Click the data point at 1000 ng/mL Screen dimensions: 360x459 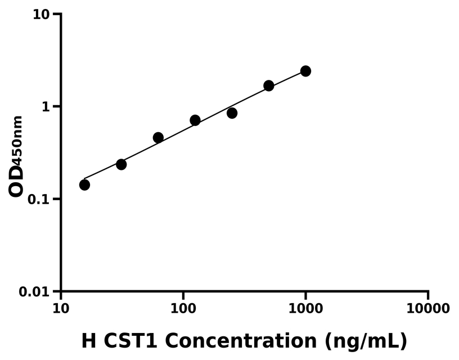click(x=305, y=71)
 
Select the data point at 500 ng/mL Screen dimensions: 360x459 click(x=269, y=85)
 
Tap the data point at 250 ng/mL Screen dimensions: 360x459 click(x=232, y=113)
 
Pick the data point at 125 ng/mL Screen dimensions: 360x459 click(x=195, y=120)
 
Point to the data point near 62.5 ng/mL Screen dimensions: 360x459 click(x=158, y=138)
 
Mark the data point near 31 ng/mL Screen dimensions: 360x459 click(x=121, y=164)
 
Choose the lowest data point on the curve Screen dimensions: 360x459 click(x=84, y=184)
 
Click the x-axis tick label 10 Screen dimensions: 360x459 click(x=61, y=309)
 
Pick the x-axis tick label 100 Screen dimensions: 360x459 click(x=183, y=309)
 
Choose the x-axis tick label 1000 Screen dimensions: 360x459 click(x=305, y=309)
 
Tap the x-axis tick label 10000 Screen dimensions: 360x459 click(x=428, y=309)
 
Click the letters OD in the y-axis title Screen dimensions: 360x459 click(x=16, y=181)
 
